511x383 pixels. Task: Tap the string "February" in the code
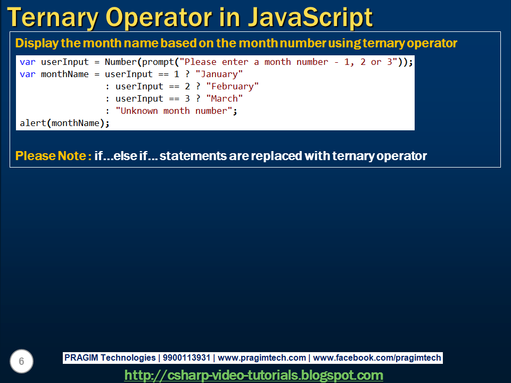[232, 86]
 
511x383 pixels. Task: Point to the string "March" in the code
[224, 98]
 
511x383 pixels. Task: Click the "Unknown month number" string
[174, 111]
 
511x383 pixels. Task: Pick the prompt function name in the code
[158, 62]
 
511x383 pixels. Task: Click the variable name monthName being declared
[64, 74]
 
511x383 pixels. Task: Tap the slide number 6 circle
[21, 362]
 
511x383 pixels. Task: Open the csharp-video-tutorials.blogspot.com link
[254, 375]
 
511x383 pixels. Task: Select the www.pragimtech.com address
[262, 358]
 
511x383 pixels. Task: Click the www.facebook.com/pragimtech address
[377, 358]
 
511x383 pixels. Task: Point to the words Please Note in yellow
[51, 156]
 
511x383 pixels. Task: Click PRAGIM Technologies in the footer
[110, 358]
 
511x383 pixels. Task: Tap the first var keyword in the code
[27, 62]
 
